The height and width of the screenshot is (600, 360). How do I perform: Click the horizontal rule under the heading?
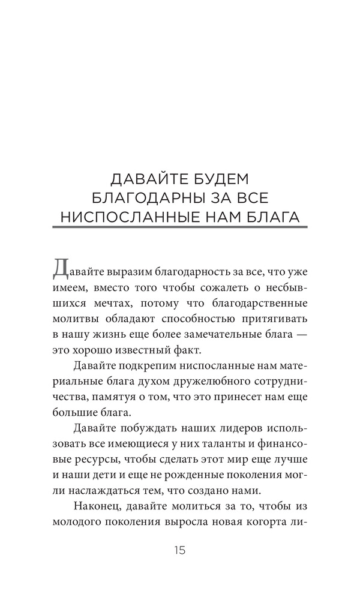(x=180, y=227)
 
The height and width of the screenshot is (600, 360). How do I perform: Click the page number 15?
(x=180, y=550)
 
